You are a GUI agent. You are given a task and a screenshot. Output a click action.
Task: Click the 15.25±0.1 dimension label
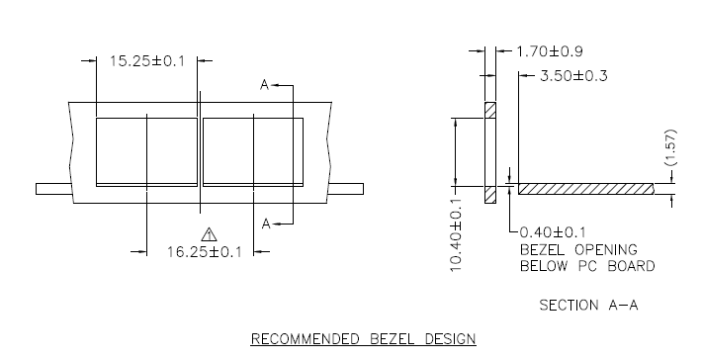point(147,60)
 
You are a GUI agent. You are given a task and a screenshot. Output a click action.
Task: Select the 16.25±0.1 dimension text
point(205,252)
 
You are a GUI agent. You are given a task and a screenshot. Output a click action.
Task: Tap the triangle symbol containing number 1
point(209,234)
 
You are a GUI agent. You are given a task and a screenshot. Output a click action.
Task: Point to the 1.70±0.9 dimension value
point(550,51)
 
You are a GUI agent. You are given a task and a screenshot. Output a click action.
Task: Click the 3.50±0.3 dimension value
point(574,75)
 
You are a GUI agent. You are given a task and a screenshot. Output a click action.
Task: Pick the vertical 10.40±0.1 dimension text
point(456,234)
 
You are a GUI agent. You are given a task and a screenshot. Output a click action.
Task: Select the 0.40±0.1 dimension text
point(553,232)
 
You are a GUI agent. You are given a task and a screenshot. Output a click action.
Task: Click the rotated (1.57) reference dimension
point(670,147)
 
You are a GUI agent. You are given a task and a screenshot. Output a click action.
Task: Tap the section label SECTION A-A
point(588,305)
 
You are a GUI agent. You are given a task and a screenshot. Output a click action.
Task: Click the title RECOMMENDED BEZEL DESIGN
point(363,338)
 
